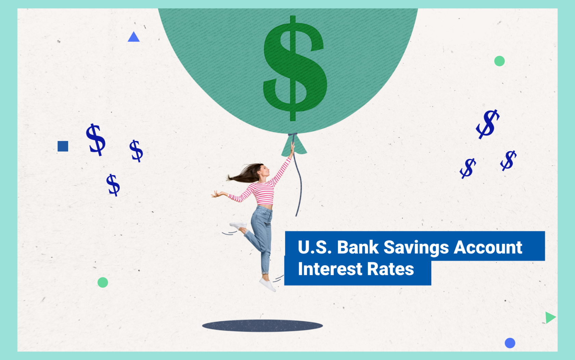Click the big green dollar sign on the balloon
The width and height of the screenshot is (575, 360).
click(x=294, y=68)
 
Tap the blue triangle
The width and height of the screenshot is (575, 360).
click(x=133, y=37)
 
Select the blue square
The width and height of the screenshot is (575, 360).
click(x=63, y=146)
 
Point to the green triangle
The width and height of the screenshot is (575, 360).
click(x=550, y=317)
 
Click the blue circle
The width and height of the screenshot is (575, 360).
click(x=510, y=343)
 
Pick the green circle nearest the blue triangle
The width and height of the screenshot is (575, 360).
click(x=103, y=282)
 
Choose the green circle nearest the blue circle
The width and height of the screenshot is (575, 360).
click(x=499, y=61)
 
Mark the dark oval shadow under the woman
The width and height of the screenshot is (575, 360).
click(x=262, y=325)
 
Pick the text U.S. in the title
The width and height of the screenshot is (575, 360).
click(x=315, y=247)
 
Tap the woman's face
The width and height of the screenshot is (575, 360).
click(x=265, y=170)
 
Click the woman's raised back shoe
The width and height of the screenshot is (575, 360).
click(x=238, y=226)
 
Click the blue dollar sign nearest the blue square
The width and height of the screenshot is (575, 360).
click(x=96, y=139)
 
